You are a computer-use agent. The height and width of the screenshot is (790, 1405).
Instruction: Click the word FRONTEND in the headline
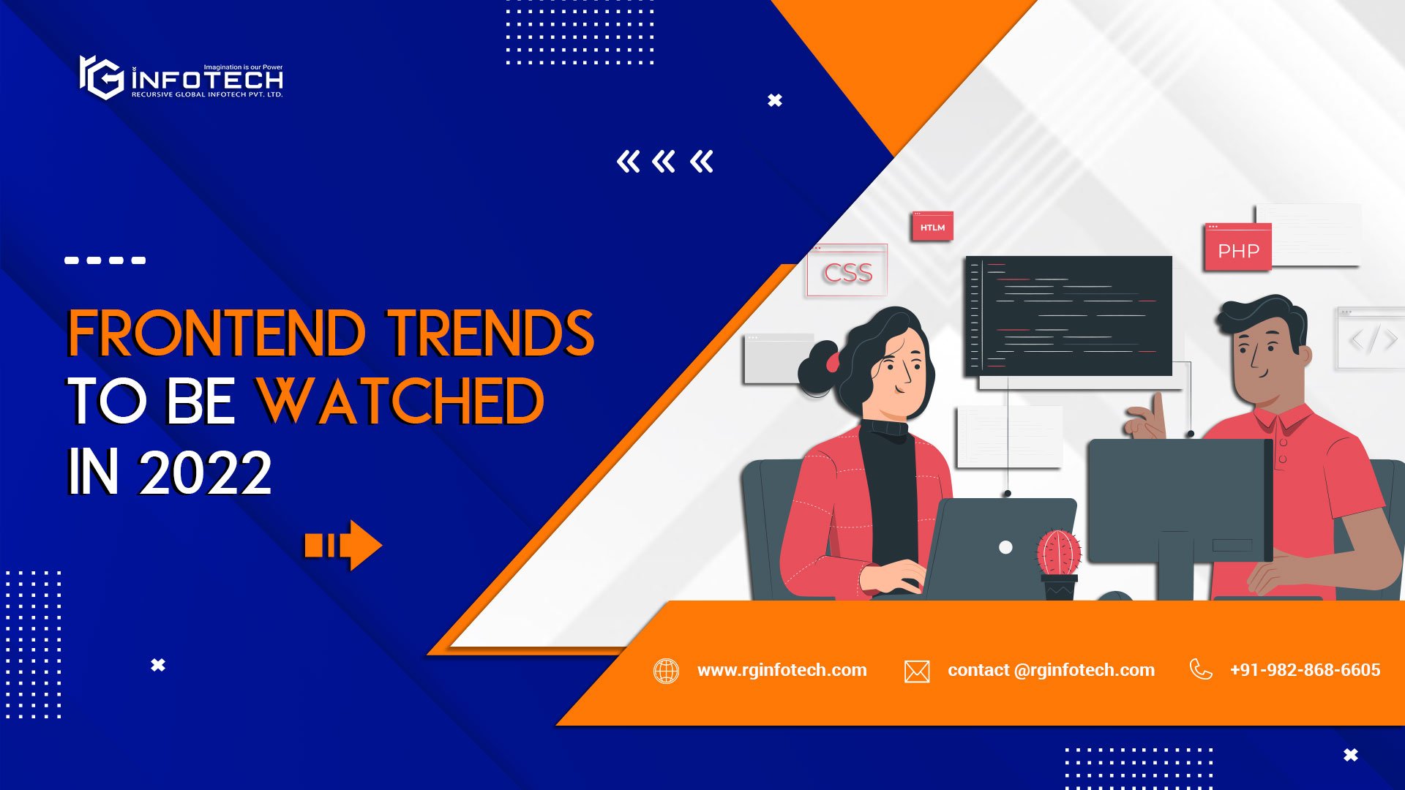click(217, 334)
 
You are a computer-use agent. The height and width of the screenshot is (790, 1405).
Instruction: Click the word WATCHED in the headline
click(400, 402)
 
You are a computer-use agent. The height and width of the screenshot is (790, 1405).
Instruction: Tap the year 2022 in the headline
click(206, 473)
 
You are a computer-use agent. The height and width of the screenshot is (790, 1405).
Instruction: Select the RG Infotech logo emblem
click(101, 78)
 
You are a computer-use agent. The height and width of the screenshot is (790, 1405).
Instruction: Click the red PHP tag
click(1238, 249)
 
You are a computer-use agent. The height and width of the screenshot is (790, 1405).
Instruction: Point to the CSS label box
click(847, 271)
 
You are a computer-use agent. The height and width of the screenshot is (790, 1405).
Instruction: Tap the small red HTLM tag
click(932, 227)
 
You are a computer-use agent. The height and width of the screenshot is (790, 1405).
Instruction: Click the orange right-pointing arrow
click(343, 545)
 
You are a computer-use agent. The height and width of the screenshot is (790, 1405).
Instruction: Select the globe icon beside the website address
click(666, 671)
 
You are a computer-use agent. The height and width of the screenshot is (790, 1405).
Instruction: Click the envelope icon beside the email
click(917, 671)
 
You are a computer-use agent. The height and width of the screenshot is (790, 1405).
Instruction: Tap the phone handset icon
click(1201, 669)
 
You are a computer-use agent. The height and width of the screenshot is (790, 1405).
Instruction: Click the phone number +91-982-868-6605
click(1305, 670)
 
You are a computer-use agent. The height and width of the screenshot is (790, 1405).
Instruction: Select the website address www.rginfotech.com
click(782, 670)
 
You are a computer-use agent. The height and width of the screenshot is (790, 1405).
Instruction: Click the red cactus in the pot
click(1059, 554)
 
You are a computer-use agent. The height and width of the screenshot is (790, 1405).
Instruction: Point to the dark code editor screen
click(1069, 315)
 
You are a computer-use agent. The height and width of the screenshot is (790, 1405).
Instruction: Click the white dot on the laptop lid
click(1005, 547)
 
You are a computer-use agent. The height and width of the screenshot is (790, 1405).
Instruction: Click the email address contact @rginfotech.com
click(1051, 670)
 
